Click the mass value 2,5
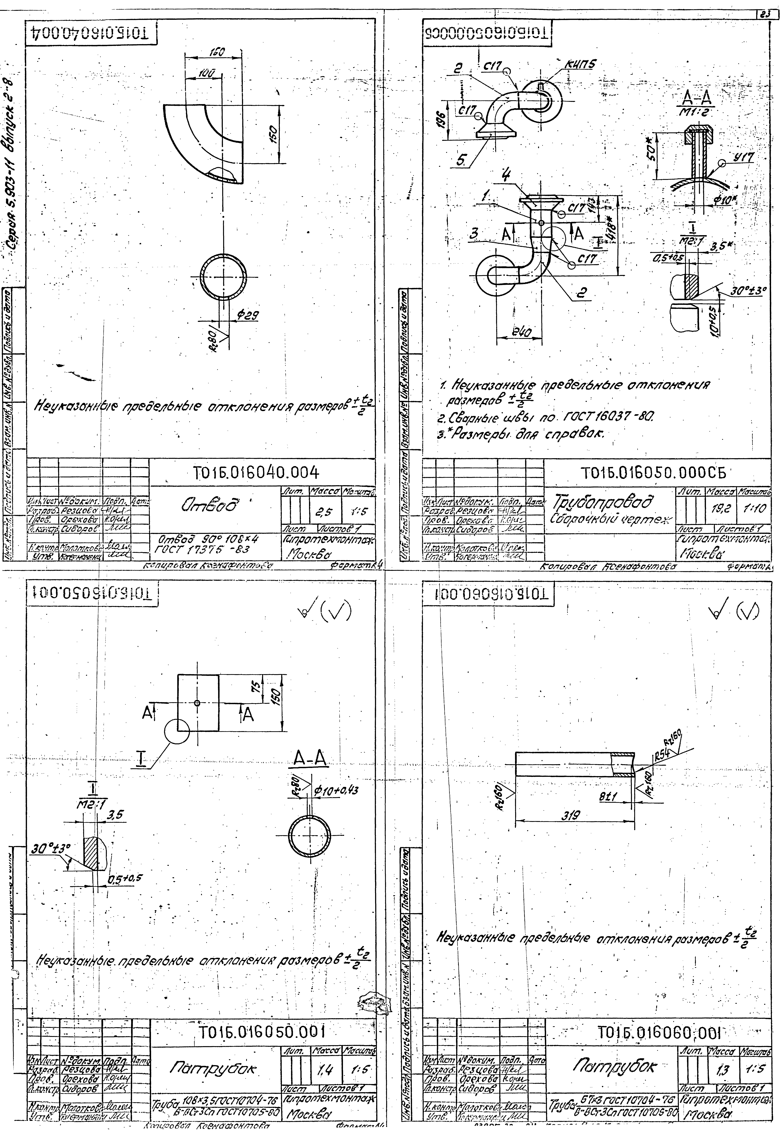coord(323,512)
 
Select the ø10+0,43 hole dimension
coord(336,789)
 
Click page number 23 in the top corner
coord(765,15)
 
